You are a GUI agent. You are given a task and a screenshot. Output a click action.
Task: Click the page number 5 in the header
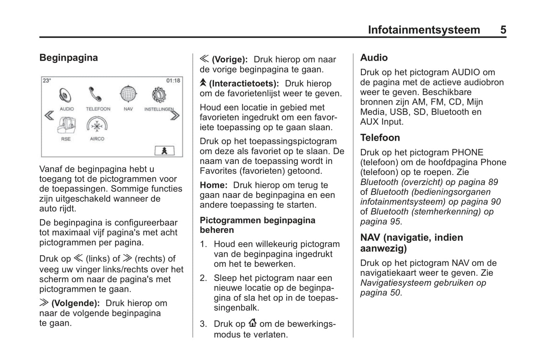tap(503, 30)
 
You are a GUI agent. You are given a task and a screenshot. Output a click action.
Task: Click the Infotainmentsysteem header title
tap(424, 30)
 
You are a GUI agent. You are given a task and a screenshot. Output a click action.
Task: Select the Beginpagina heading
tap(68, 58)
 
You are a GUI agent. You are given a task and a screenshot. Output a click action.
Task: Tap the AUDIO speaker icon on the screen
tap(66, 95)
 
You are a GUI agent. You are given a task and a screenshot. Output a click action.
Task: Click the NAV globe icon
tap(128, 94)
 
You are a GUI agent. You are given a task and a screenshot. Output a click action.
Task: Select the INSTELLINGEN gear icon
tap(159, 95)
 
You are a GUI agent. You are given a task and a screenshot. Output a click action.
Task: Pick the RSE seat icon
tap(67, 125)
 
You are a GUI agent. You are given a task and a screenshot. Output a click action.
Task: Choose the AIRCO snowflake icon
tap(97, 125)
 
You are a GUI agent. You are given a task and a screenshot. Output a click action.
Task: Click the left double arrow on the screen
tap(49, 116)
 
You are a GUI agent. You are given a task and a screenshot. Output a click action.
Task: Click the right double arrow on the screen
tap(175, 115)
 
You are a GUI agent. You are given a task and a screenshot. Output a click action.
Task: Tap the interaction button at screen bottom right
tap(164, 151)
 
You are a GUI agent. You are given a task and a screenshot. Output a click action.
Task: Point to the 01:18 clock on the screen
tap(173, 81)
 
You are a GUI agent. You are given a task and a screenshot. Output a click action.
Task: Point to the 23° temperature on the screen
tap(47, 81)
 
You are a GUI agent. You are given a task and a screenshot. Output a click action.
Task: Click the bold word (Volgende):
tap(76, 303)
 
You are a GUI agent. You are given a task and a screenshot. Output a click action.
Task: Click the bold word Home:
tap(214, 185)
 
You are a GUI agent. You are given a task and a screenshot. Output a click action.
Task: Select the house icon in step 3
tap(253, 323)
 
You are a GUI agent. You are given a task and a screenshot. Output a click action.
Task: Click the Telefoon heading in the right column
tap(380, 138)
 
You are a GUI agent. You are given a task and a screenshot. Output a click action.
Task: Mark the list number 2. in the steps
tap(203, 278)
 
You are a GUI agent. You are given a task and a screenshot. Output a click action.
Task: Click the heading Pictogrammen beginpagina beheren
tap(257, 225)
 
